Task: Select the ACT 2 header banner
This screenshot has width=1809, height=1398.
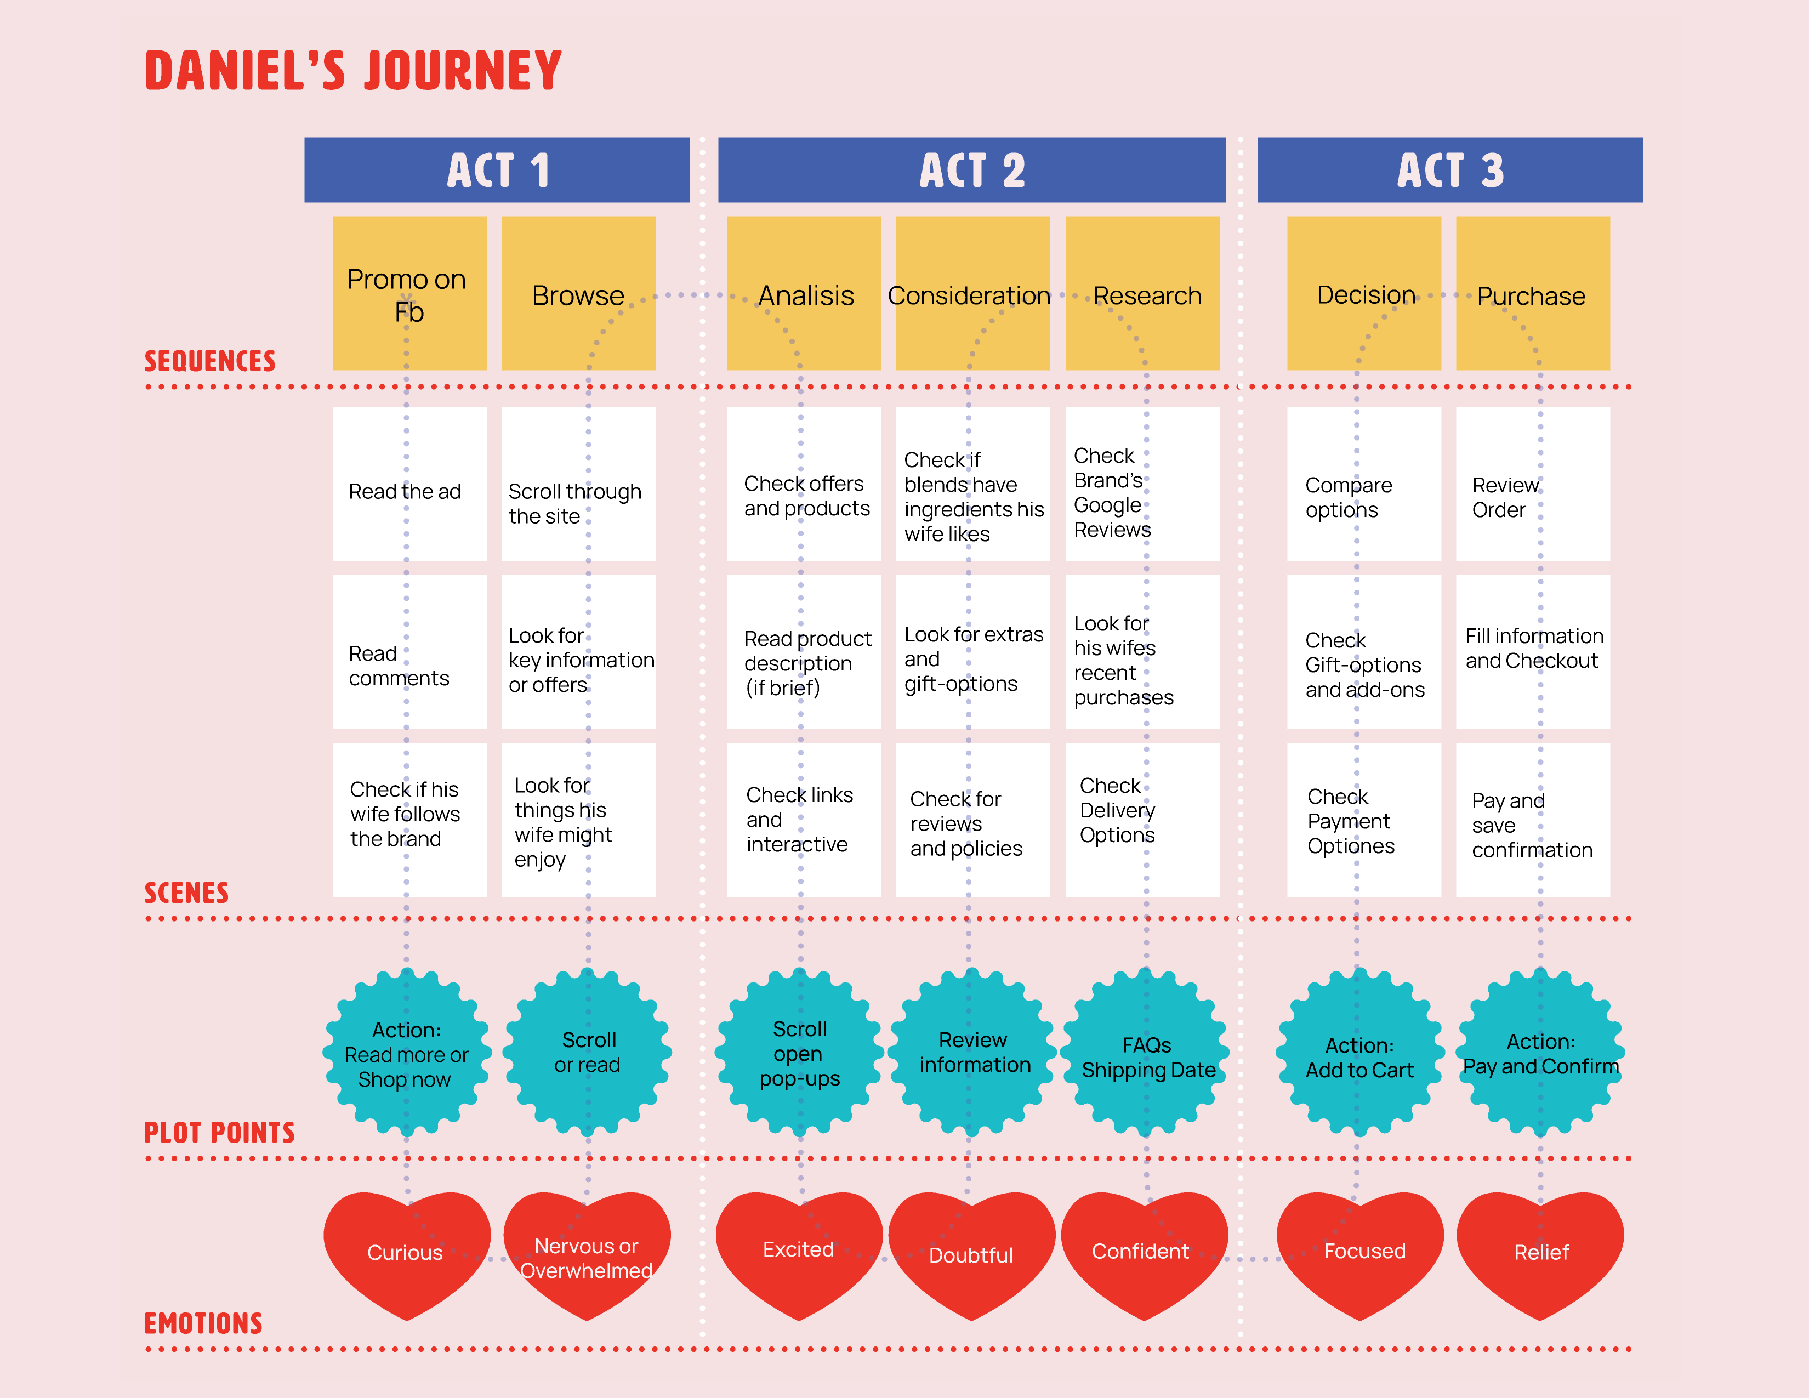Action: (x=971, y=170)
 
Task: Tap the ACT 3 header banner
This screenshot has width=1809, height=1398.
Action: (x=1449, y=170)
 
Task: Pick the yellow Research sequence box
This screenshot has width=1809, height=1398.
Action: (x=1142, y=293)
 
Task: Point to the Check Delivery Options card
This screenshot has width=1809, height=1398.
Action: (x=1142, y=819)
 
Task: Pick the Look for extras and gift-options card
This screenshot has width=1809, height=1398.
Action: (x=973, y=652)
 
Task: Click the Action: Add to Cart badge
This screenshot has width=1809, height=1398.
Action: (x=1359, y=1053)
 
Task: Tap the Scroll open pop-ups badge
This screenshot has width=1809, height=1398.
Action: (x=800, y=1053)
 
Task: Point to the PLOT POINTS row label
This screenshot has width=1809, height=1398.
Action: (x=219, y=1132)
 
